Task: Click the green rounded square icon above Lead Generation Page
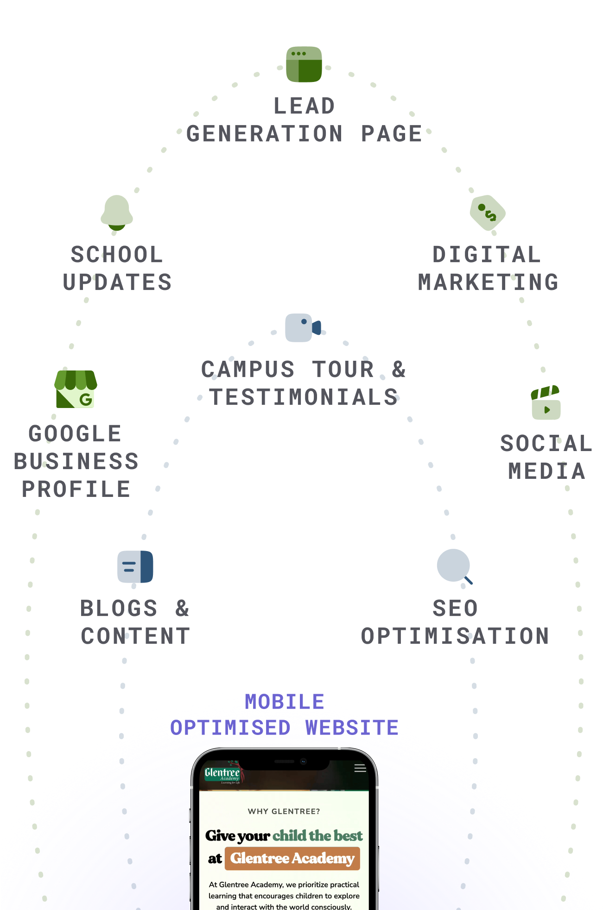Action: click(304, 64)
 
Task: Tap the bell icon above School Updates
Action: click(117, 212)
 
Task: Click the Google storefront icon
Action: click(76, 389)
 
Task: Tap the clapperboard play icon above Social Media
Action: click(546, 403)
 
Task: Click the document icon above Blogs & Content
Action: click(135, 566)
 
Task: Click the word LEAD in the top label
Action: click(304, 106)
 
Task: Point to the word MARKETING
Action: click(488, 282)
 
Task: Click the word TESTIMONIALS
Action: click(304, 397)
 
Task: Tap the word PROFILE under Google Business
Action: click(76, 490)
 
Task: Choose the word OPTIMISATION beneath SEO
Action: click(455, 636)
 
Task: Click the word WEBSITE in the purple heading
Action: click(352, 728)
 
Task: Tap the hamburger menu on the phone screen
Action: click(360, 768)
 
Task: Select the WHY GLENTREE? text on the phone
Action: click(284, 811)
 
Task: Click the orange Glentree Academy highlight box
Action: click(292, 859)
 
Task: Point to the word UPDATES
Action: click(117, 282)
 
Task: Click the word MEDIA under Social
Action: click(547, 471)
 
